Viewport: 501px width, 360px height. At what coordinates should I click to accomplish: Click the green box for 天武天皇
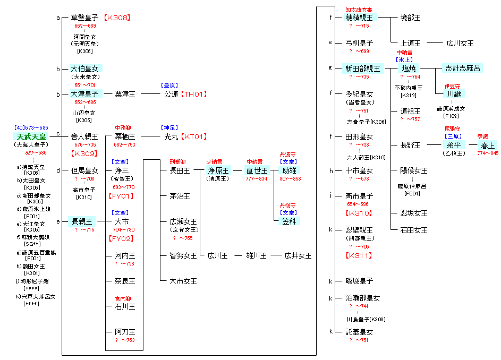click(30, 136)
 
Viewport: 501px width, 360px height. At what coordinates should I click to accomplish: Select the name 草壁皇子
click(84, 18)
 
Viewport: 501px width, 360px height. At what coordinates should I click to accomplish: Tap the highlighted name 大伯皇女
click(84, 68)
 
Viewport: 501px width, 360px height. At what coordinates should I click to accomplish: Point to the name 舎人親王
click(84, 136)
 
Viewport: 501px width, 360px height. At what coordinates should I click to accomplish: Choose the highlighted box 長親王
click(82, 221)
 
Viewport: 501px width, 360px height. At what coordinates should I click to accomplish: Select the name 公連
click(171, 94)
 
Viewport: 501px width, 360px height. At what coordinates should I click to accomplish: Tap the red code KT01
click(193, 136)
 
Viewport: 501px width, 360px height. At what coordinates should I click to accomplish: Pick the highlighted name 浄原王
click(217, 170)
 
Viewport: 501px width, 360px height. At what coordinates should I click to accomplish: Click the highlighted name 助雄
click(290, 170)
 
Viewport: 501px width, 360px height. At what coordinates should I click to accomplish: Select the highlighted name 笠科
click(290, 221)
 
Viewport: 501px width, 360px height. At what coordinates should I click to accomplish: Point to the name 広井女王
click(298, 255)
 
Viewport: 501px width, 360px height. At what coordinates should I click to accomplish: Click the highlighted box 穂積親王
click(359, 18)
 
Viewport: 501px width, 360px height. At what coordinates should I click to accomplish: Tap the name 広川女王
click(460, 43)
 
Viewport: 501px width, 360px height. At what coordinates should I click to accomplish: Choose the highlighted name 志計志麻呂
click(463, 68)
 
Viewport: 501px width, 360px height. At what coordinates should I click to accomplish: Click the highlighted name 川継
click(454, 94)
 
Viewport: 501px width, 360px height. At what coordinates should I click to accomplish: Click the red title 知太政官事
click(359, 10)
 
